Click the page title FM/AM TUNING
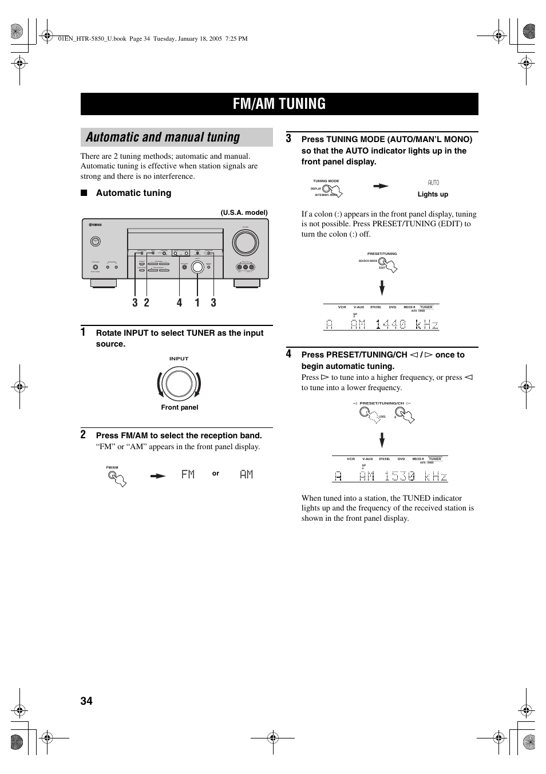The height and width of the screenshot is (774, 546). pos(279,104)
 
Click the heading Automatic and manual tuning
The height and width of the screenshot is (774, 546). pos(163,137)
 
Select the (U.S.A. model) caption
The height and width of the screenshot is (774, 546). pos(244,213)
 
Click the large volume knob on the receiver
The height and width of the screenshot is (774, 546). pos(245,242)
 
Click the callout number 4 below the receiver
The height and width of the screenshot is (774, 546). pos(179,302)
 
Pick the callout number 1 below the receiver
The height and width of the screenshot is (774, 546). pos(197,302)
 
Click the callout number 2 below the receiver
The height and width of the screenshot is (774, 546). pos(147,302)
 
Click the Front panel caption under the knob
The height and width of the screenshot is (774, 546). pos(179,407)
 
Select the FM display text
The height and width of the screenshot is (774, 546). pos(188,474)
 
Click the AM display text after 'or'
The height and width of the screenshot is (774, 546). pos(246,474)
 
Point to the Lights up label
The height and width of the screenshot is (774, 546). pos(433,194)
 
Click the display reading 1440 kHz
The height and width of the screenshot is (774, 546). pos(382,325)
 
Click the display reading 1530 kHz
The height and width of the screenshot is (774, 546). pos(391,477)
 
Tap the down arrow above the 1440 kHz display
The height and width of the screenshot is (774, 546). pos(382,287)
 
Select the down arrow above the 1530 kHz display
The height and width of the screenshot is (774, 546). pos(382,440)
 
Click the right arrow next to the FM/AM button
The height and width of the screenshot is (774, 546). pos(158,475)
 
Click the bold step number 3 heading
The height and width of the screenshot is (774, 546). pos(289,139)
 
